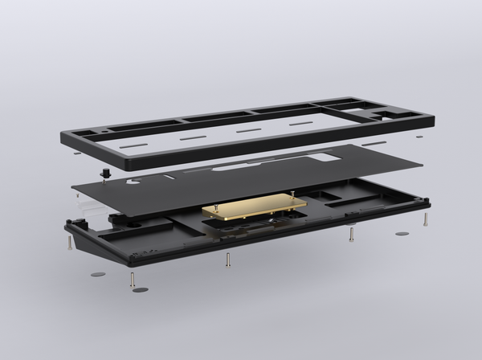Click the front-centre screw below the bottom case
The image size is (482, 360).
[x=228, y=260]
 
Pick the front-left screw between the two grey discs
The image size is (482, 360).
[x=132, y=279]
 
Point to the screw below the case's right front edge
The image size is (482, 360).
[x=351, y=234]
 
